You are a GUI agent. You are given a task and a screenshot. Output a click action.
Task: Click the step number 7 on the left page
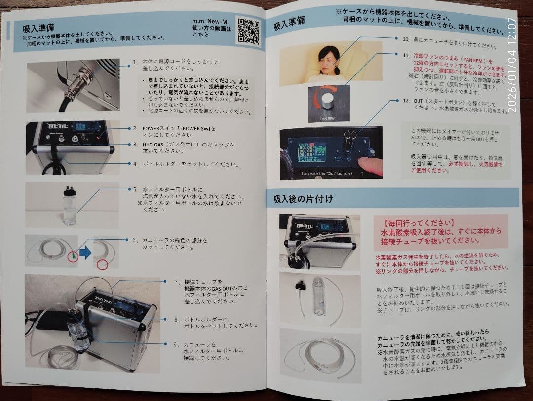(x=176, y=282)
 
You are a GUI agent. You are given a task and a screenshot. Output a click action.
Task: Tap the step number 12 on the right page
(x=406, y=101)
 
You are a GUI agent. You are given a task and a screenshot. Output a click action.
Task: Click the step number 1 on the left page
(x=134, y=63)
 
